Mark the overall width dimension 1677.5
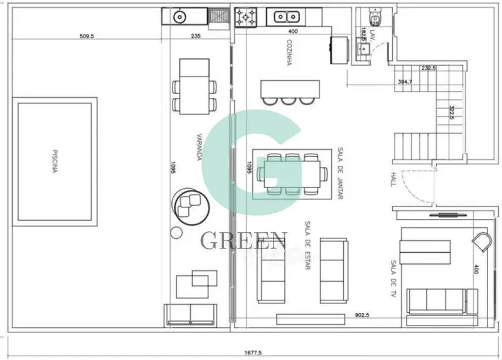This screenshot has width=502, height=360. click(254, 353)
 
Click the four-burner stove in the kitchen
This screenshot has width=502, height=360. click(245, 17)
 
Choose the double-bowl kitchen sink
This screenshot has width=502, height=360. click(286, 17)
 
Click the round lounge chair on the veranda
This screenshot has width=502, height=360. click(188, 204)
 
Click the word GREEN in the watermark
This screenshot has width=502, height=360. click(243, 240)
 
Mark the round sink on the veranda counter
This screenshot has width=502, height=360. click(179, 16)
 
